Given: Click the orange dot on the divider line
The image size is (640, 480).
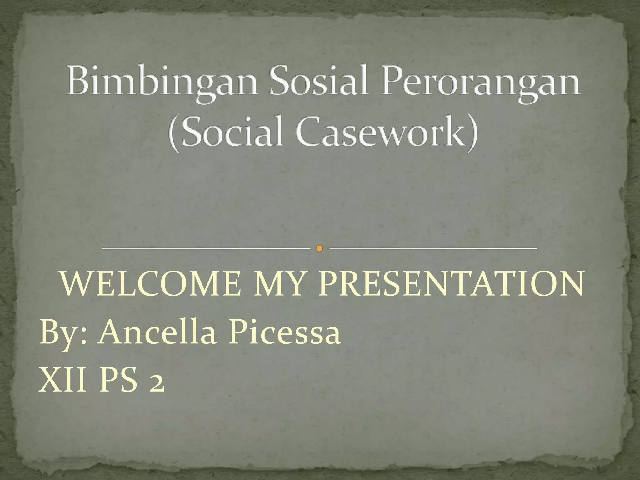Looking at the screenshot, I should coord(319,248).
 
